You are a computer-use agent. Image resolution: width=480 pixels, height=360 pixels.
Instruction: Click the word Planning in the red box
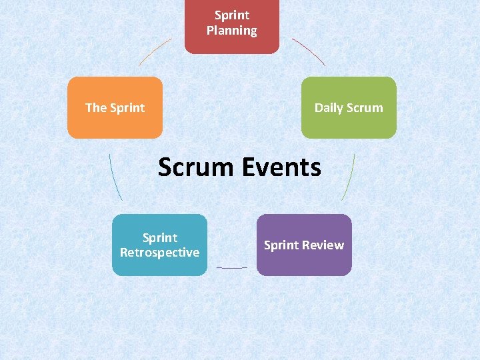coord(231,31)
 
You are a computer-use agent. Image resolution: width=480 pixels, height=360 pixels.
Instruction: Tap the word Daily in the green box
coord(329,108)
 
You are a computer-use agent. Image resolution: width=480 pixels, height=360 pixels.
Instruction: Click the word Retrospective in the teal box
coord(159,253)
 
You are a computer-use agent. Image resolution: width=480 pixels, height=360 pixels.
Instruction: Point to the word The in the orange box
coord(96,108)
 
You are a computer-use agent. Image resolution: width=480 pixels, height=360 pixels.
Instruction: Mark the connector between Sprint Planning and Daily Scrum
coord(309,51)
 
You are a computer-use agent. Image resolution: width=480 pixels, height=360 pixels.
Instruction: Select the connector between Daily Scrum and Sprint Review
coord(349,177)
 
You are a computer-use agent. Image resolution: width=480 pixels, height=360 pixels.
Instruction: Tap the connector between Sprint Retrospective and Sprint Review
coord(231,268)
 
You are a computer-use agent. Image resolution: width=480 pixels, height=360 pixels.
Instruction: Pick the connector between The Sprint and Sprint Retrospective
coord(115,177)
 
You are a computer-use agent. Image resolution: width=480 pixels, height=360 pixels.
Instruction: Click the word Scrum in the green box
coord(366,108)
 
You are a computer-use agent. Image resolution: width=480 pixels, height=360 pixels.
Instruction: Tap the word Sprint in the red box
coord(231,15)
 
